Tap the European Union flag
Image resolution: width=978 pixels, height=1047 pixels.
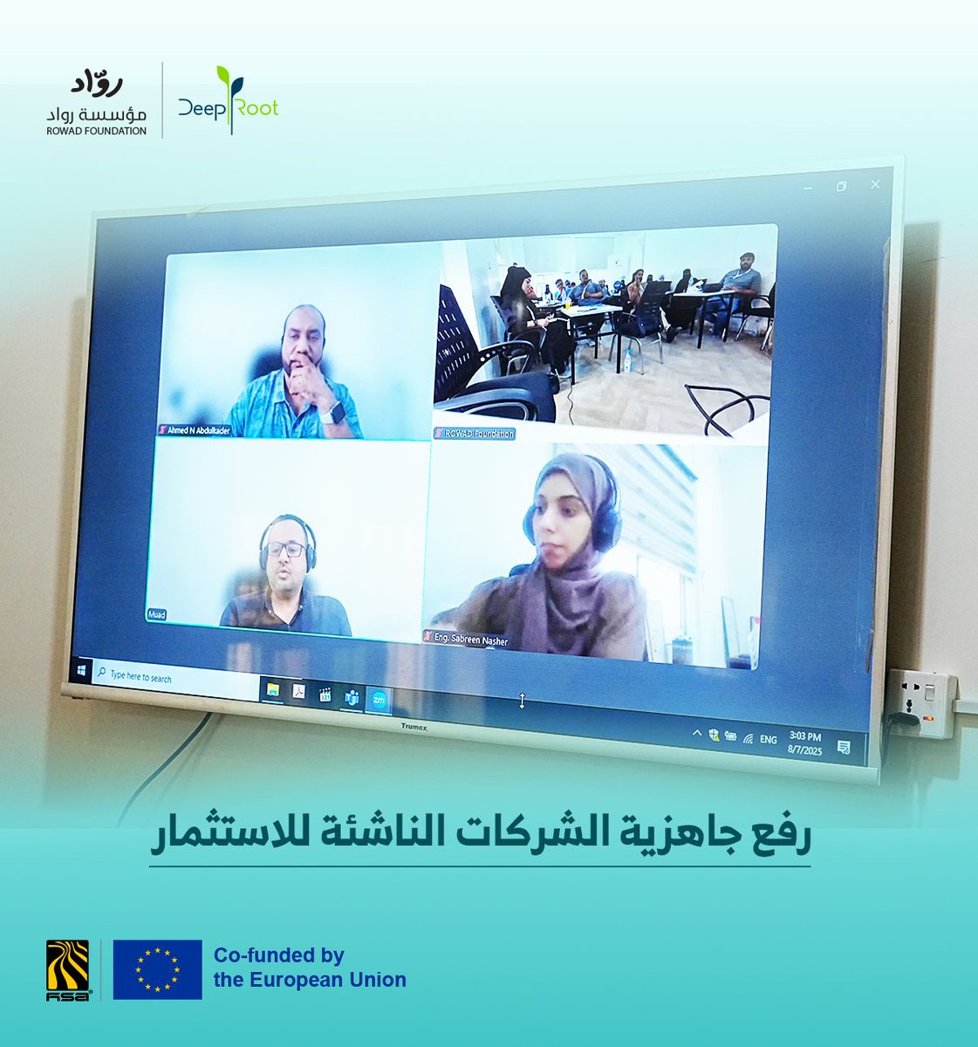[157, 969]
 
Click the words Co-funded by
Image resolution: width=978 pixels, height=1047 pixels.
[279, 955]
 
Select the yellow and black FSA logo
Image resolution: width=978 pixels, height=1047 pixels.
[67, 969]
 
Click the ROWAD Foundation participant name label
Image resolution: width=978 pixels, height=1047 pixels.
[475, 434]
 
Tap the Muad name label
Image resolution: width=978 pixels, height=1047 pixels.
[157, 614]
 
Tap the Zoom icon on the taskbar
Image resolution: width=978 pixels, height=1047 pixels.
[379, 699]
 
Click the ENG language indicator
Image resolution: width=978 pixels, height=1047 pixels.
[768, 739]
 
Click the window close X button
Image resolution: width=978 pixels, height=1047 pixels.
[875, 184]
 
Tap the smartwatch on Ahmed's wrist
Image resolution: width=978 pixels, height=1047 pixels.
[332, 414]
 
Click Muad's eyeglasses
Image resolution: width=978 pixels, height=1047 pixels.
[285, 550]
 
